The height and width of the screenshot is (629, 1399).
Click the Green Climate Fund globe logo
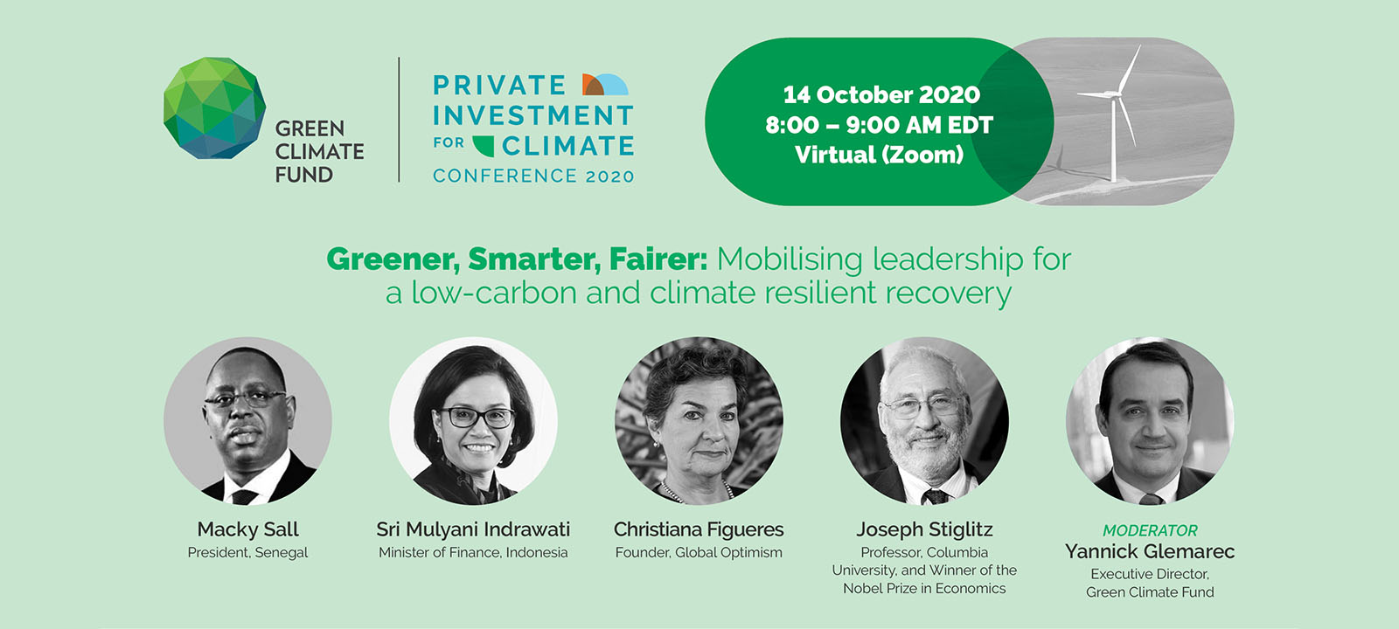tap(214, 108)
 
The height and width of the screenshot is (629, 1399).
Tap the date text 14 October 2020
tap(881, 95)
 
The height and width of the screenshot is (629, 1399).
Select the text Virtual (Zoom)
tap(880, 155)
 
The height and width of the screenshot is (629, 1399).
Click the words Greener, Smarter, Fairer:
tap(517, 259)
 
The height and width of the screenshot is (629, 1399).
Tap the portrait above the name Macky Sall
tap(248, 421)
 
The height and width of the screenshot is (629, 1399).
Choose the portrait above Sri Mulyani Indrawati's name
tap(473, 421)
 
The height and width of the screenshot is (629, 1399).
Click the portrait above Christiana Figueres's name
tap(699, 421)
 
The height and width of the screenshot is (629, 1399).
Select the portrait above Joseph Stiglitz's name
tap(924, 421)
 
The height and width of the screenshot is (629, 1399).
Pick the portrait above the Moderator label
tap(1150, 421)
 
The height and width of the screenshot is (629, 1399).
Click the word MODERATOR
tap(1150, 530)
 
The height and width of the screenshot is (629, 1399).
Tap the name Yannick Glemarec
tap(1150, 551)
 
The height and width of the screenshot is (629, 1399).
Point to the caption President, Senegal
tap(248, 553)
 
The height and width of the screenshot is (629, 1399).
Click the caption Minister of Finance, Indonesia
tap(473, 553)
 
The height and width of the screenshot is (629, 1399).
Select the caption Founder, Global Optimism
tap(699, 553)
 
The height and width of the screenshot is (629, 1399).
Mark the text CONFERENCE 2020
tap(533, 176)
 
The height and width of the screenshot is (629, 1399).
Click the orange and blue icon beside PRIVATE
tap(605, 84)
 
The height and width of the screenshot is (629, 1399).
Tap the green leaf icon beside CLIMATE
tap(484, 145)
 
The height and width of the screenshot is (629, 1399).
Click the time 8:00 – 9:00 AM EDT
tap(880, 126)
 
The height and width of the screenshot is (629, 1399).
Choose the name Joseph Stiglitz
tap(924, 529)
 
